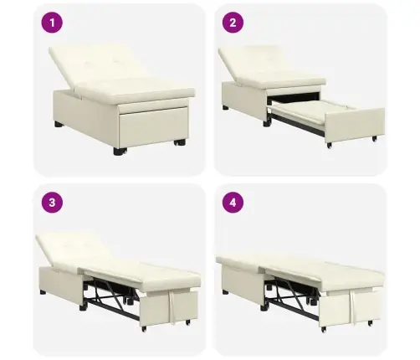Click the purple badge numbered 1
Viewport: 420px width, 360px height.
click(52, 23)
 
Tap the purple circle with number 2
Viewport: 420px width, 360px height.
click(233, 23)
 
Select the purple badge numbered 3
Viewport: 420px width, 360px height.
click(52, 203)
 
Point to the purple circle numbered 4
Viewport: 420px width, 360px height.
click(233, 203)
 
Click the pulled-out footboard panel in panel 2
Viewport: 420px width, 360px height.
click(355, 124)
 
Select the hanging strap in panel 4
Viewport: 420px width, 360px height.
click(353, 306)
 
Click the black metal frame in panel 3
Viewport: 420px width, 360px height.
click(111, 300)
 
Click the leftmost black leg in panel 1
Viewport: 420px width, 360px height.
click(59, 124)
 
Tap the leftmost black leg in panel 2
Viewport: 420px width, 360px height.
click(226, 107)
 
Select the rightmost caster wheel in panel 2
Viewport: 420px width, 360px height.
click(374, 138)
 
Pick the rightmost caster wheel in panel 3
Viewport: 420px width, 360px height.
click(188, 321)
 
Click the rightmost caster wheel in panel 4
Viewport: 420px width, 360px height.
click(370, 323)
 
